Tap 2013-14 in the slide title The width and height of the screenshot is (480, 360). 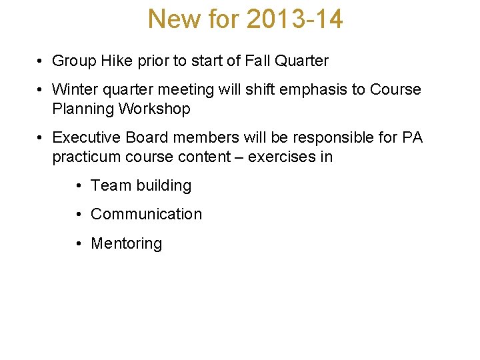[295, 19]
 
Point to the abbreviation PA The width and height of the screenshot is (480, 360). [411, 137]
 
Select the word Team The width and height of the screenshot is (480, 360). [109, 185]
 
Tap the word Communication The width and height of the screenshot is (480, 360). [146, 214]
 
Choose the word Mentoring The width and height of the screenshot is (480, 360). [126, 243]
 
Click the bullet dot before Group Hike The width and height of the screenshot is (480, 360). [41, 61]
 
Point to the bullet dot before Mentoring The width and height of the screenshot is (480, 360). [79, 243]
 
